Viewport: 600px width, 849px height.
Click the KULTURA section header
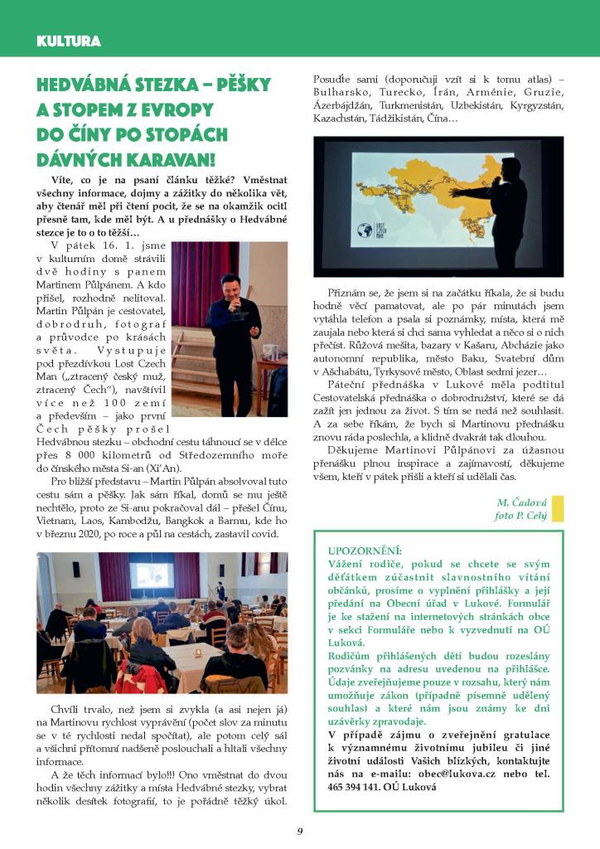[x=69, y=41]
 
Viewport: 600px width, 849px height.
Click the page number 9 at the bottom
[x=300, y=832]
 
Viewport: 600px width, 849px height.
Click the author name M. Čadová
[x=521, y=502]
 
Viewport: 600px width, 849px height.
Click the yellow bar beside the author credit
[x=558, y=508]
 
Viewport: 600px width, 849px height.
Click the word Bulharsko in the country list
[x=341, y=91]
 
